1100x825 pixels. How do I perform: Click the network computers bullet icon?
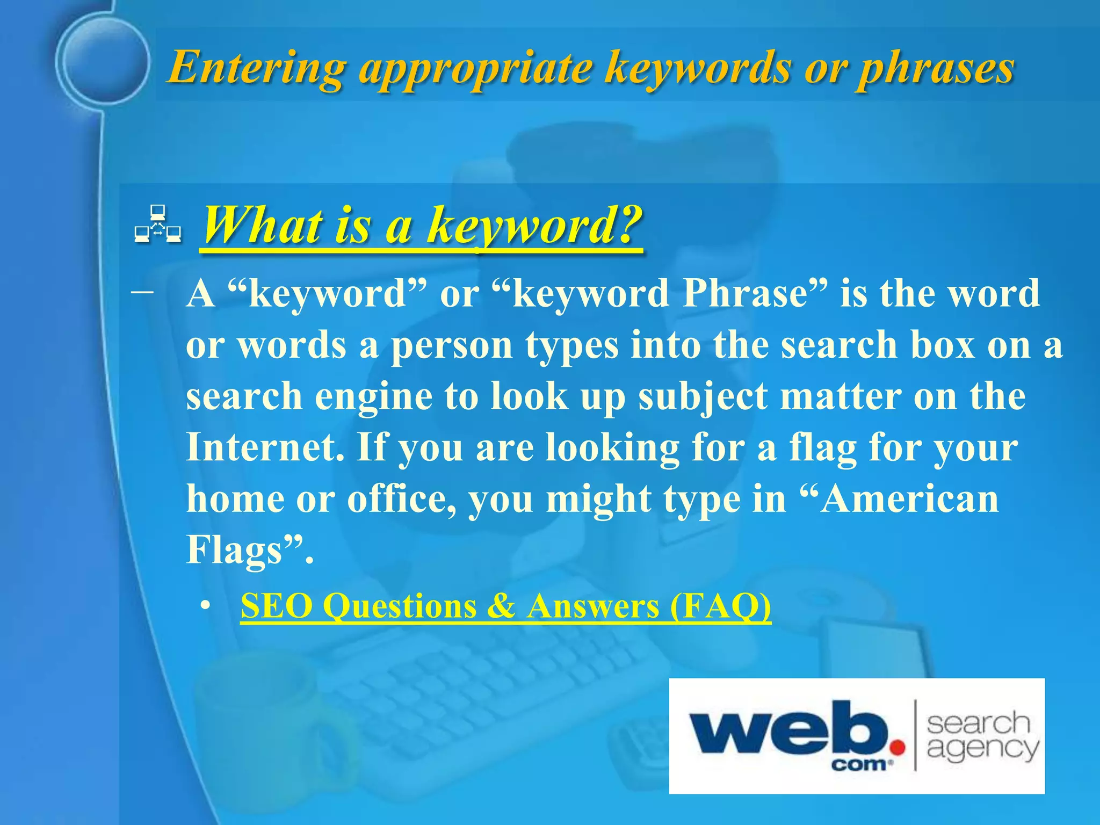pyautogui.click(x=157, y=226)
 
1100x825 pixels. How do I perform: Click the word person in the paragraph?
pyautogui.click(x=451, y=345)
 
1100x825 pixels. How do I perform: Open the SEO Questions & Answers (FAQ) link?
pyautogui.click(x=505, y=606)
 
